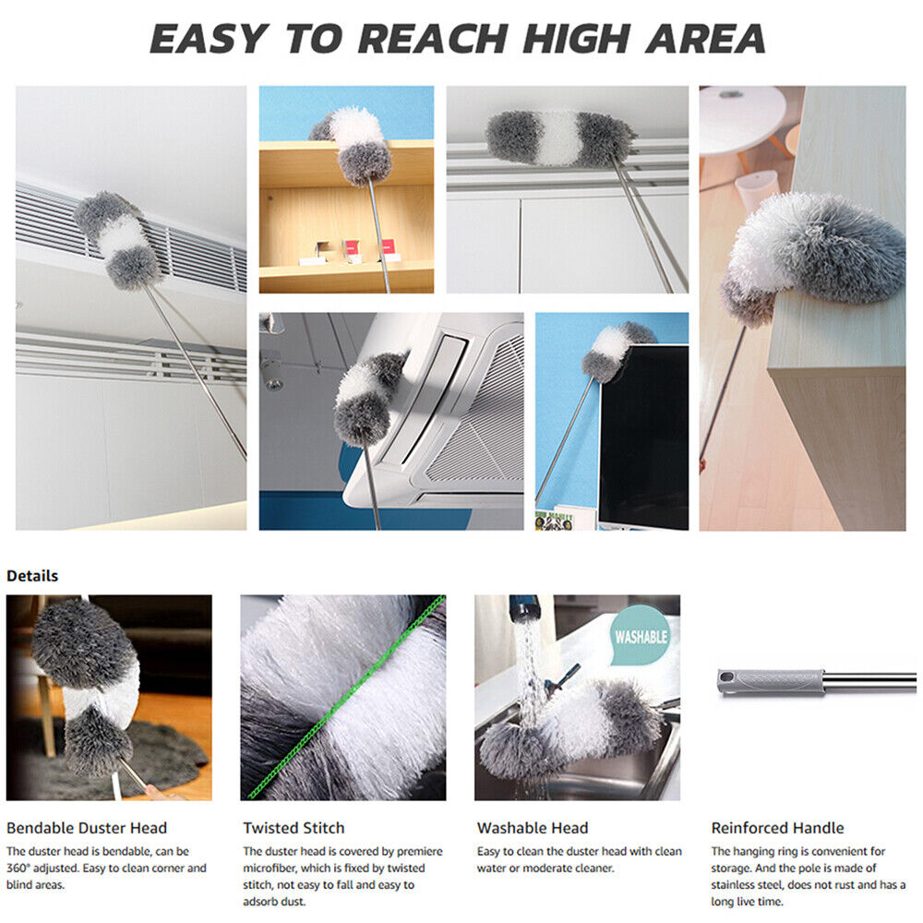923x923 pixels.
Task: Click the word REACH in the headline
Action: pos(432,39)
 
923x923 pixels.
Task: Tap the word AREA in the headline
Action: pos(705,39)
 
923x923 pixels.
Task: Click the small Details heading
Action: pos(32,576)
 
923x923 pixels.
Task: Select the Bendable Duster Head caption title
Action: pos(87,828)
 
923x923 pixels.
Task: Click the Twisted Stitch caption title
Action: pos(294,828)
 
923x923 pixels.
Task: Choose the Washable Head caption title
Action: pos(533,828)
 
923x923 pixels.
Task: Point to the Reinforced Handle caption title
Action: pos(777,828)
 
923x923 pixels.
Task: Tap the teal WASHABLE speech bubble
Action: pos(641,636)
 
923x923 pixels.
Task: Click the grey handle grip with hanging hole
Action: pos(770,682)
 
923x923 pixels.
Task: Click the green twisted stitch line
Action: pos(346,698)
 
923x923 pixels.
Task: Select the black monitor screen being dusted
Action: pos(644,437)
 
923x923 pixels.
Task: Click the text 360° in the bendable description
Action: pos(18,868)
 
